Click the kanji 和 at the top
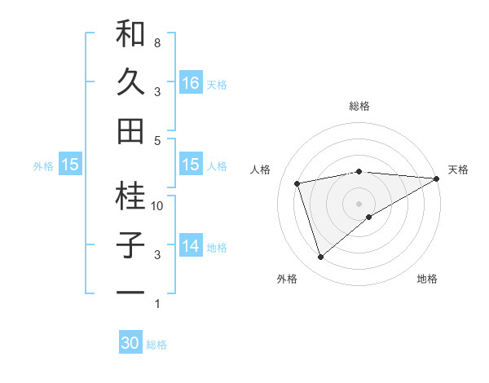(x=130, y=34)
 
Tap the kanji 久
(x=130, y=81)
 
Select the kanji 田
(x=130, y=130)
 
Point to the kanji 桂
(x=130, y=196)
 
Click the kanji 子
(x=130, y=244)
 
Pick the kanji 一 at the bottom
(x=130, y=292)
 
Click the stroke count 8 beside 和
(x=156, y=42)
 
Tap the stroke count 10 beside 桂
(x=157, y=206)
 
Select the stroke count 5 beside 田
(x=156, y=140)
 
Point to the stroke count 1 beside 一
(x=156, y=304)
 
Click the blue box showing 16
(x=190, y=83)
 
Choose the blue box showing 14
(x=190, y=246)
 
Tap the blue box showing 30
(x=130, y=343)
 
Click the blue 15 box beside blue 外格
(x=70, y=165)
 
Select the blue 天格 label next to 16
(x=217, y=84)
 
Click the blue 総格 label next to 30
(x=157, y=345)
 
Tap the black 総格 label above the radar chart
(x=359, y=106)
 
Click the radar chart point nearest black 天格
(x=437, y=178)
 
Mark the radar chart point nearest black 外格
(x=320, y=258)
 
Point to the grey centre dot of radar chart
(x=359, y=203)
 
